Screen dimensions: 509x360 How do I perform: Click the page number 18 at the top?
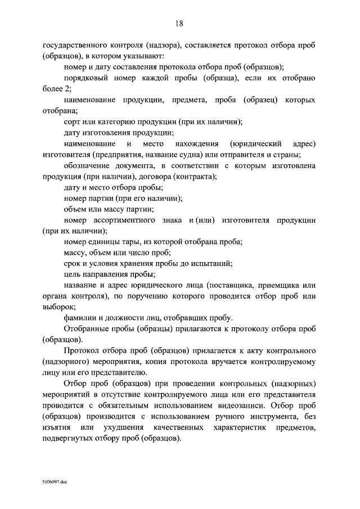pyautogui.click(x=180, y=23)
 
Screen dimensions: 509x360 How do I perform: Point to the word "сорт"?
pyautogui.click(x=73, y=121)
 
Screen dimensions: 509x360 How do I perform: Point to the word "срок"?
pyautogui.click(x=73, y=263)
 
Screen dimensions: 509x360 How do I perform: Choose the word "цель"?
pyautogui.click(x=73, y=274)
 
